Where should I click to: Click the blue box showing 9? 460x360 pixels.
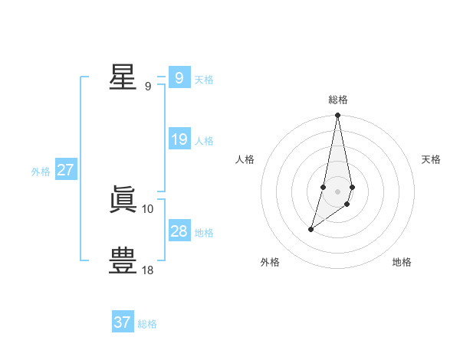click(179, 78)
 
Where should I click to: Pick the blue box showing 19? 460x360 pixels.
click(179, 139)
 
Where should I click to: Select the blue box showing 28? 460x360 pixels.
click(179, 231)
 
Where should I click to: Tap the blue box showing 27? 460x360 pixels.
click(66, 170)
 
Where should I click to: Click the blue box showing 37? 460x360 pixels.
click(123, 322)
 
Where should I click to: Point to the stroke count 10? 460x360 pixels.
click(148, 208)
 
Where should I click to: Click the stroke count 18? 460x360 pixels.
click(148, 270)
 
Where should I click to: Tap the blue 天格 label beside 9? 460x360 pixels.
click(204, 80)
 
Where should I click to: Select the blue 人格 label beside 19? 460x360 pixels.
click(204, 141)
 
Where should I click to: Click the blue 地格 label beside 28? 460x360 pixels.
click(204, 233)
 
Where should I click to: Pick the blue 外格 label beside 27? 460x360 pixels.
click(41, 172)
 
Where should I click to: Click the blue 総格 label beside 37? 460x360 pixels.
click(147, 324)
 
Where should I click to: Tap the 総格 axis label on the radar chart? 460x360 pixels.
click(338, 100)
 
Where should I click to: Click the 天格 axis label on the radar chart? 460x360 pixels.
click(431, 159)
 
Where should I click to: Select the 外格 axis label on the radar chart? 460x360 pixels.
click(270, 262)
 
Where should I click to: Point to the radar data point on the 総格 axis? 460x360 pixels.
click(338, 116)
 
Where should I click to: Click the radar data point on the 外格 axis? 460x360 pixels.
click(310, 229)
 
